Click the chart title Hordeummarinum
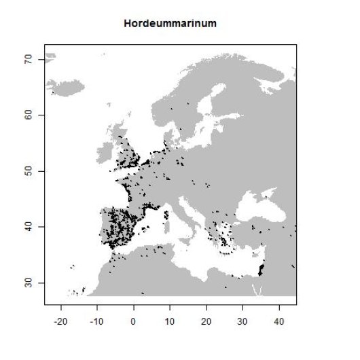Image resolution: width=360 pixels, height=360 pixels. pos(170,23)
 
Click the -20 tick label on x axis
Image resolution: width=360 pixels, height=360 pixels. pos(60,317)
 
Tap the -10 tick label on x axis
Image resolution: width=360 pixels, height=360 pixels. pos(96,317)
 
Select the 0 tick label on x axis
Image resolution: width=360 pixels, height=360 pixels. pos(133,317)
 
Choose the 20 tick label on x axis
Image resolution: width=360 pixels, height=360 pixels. pos(206,317)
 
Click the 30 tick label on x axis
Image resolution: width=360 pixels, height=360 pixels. pos(242,317)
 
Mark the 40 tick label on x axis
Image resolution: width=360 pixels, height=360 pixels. pos(278,317)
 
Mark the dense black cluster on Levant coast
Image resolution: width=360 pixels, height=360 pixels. pos(261,270)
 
